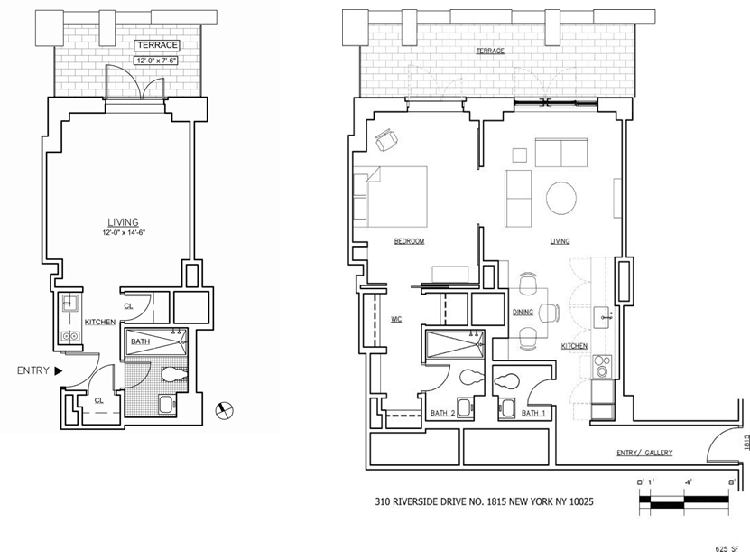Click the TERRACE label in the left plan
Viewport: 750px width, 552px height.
point(157,45)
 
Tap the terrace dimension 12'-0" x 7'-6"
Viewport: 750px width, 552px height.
point(157,61)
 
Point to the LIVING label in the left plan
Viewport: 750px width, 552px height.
point(123,222)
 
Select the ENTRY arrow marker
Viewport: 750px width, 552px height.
point(59,370)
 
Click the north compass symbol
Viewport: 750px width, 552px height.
point(225,410)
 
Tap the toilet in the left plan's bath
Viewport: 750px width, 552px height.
point(174,374)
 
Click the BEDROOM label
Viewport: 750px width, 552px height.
point(409,241)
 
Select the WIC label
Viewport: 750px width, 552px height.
point(396,319)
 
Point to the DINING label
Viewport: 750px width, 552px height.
point(523,313)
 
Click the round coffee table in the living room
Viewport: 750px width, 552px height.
point(561,198)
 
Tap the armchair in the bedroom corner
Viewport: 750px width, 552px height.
point(386,140)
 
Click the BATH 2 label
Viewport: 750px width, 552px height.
point(442,413)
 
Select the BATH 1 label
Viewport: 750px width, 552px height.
point(533,413)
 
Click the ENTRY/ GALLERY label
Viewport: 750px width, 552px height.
point(644,453)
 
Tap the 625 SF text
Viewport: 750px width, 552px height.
point(727,548)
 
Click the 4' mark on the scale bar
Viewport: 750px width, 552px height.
point(688,482)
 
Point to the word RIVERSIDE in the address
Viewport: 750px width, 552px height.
point(416,501)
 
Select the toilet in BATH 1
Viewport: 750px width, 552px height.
point(506,381)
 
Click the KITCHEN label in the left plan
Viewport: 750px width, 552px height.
point(100,323)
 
